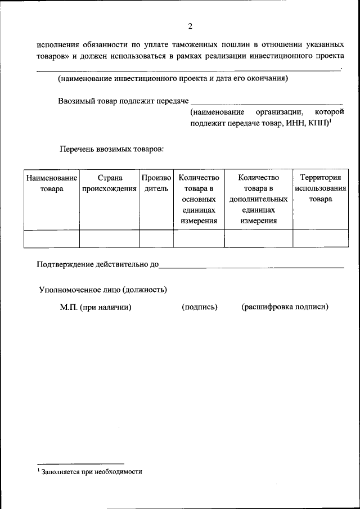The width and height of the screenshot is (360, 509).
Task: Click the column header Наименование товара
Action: click(51, 183)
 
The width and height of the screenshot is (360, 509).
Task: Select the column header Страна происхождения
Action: click(109, 183)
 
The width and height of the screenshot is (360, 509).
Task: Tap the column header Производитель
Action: click(156, 183)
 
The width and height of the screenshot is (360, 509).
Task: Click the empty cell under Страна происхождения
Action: click(109, 238)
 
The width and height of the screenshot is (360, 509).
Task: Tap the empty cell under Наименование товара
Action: click(51, 238)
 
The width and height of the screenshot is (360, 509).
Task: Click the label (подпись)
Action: click(200, 307)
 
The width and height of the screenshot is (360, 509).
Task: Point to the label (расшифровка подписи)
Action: click(285, 307)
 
